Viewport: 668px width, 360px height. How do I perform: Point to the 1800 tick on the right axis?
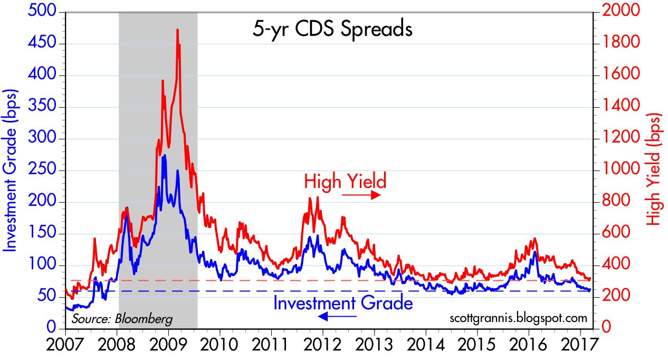[618, 43]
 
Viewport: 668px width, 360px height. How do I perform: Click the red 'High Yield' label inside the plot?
[345, 181]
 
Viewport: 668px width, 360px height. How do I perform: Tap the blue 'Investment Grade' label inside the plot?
[342, 303]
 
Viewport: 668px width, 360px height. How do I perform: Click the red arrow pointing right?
[361, 195]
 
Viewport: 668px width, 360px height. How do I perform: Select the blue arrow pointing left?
[338, 316]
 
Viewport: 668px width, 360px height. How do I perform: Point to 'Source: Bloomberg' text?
[122, 319]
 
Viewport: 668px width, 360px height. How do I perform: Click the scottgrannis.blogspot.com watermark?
[518, 318]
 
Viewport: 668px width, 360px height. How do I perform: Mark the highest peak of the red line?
[177, 30]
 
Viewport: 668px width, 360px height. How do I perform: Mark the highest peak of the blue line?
[165, 156]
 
